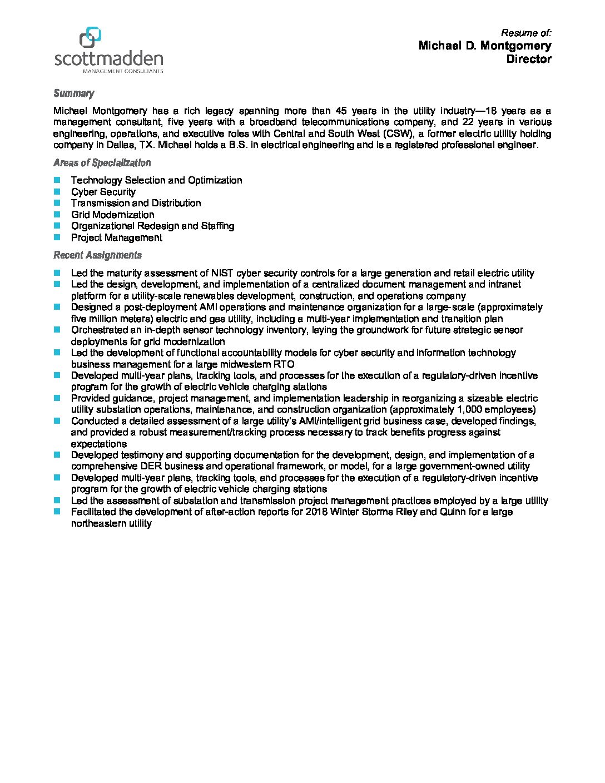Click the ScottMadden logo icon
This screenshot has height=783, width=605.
click(91, 37)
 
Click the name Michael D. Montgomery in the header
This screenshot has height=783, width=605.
click(484, 46)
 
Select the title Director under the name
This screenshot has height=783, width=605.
click(528, 59)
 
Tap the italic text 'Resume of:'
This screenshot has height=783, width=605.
click(526, 33)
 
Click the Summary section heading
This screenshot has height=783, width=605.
click(74, 93)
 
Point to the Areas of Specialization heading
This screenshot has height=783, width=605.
click(102, 163)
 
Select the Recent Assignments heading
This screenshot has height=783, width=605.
click(97, 255)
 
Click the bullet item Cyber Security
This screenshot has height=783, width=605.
click(103, 192)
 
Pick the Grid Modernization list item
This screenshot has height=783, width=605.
click(112, 215)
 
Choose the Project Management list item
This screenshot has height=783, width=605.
click(116, 237)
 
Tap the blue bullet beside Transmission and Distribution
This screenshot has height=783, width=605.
click(57, 203)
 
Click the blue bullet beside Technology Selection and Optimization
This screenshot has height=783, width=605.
click(57, 180)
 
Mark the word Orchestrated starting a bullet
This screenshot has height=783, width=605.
click(99, 330)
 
